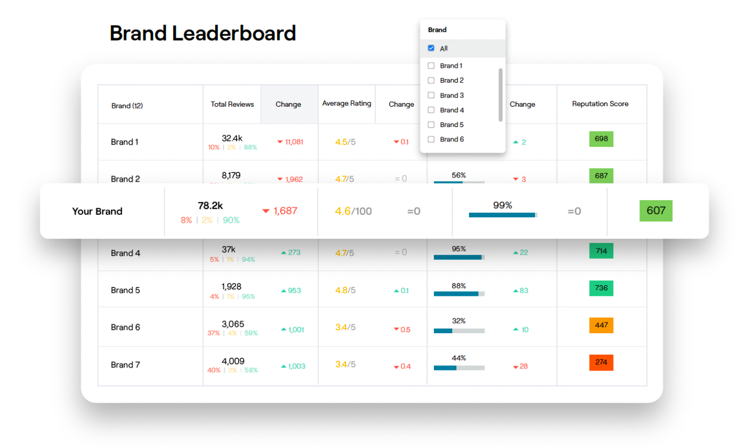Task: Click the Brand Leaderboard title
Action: (x=202, y=34)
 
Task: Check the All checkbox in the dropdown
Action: (x=431, y=48)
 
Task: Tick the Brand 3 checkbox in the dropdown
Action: (x=431, y=95)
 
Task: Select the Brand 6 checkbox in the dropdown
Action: (x=431, y=139)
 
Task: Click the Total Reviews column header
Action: (x=232, y=104)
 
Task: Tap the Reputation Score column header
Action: (x=600, y=104)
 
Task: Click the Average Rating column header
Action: (x=346, y=104)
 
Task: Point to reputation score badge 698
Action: (x=601, y=139)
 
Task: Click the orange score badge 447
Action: (x=601, y=325)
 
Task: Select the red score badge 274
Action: (x=601, y=362)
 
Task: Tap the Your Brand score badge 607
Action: (x=656, y=211)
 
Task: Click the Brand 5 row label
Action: (x=125, y=290)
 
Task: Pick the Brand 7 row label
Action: (x=125, y=365)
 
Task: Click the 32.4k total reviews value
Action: (x=232, y=138)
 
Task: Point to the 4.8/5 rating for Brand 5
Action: (x=345, y=290)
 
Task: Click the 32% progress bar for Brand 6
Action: (x=459, y=331)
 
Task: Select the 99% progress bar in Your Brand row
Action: (x=502, y=215)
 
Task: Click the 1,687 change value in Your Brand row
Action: (x=285, y=211)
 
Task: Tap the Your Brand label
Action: (x=97, y=211)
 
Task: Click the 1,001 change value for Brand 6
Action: (x=295, y=330)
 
